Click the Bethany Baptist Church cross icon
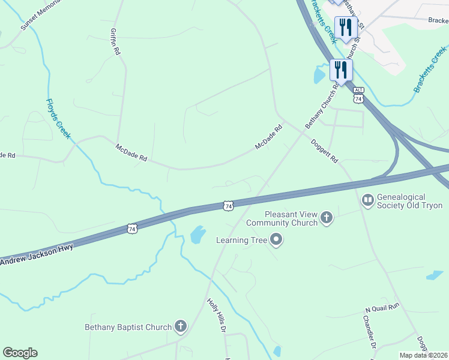pos(180,327)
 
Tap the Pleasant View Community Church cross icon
pos(327,218)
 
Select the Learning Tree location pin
pos(276,240)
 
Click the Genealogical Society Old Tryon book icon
pos(367,199)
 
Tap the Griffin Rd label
pos(115,42)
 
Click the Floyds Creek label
pos(58,119)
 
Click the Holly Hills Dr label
pos(216,316)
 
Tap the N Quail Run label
pos(382,308)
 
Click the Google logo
pos(20,353)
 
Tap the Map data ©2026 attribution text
pos(423,355)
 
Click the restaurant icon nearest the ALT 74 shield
pos(341,70)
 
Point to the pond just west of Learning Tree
pos(197,235)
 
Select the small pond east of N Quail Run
pos(435,275)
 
